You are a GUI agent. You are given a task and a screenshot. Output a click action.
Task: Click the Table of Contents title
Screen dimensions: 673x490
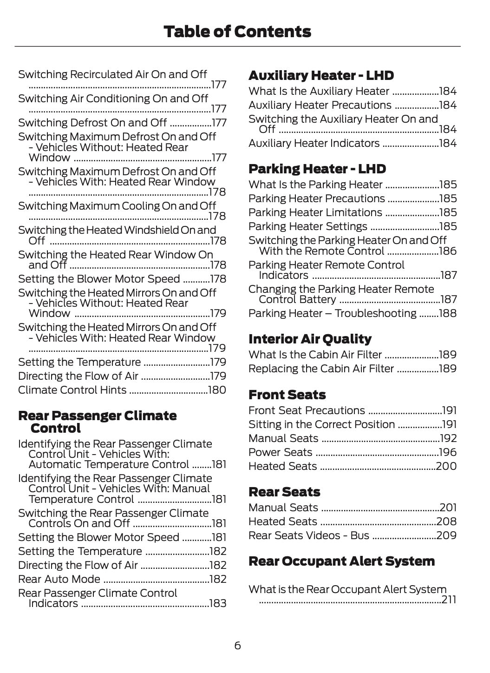point(237,32)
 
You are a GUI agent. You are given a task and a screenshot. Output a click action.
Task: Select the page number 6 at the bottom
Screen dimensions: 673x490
point(237,646)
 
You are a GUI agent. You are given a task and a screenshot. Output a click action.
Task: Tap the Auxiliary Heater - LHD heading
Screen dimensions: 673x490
point(321,75)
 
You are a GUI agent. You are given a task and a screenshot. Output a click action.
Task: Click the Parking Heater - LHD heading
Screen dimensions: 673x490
point(317,169)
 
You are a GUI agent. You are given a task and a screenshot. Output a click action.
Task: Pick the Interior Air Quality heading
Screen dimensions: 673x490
point(310,339)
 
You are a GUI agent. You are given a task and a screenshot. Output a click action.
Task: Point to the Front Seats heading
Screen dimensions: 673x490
point(287,395)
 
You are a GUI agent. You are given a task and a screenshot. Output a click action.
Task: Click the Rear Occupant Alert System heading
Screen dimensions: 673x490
point(341,561)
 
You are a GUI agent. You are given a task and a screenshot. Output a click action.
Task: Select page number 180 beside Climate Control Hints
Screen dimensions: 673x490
point(217,390)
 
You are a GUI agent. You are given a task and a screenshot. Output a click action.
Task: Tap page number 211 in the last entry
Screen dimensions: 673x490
point(449,600)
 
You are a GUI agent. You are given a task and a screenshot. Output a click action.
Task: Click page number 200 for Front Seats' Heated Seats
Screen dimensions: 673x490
point(446,466)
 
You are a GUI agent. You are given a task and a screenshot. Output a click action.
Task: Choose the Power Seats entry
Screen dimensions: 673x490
point(280,452)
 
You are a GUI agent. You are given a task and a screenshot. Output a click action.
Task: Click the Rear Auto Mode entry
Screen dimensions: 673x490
point(59,579)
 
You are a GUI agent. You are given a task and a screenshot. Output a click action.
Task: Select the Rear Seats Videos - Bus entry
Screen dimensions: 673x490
point(308,535)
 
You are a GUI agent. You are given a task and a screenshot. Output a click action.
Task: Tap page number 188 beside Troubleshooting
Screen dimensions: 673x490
point(447,313)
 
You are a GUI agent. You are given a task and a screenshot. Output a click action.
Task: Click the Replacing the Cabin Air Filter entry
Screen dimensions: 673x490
point(321,369)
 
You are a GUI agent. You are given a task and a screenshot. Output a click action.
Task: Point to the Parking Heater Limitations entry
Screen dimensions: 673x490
point(315,212)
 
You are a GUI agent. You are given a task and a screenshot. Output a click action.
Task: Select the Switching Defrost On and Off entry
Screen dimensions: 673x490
point(92,123)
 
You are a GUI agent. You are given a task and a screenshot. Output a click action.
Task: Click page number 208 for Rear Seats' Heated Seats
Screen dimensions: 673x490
point(446,521)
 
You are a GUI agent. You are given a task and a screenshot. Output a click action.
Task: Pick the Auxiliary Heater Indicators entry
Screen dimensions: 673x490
point(314,143)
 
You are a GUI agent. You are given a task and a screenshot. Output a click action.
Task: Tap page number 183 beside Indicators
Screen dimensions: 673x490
point(218,603)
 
